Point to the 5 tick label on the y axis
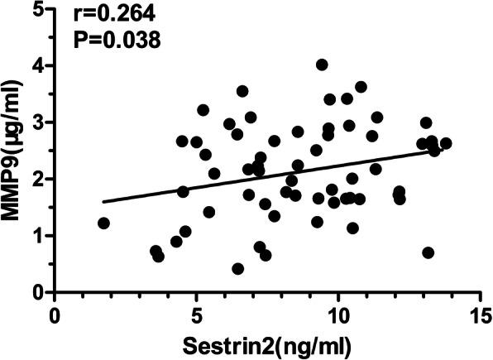[x=39, y=10]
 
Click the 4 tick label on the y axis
[x=39, y=66]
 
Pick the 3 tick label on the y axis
[x=39, y=122]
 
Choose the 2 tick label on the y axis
[x=39, y=180]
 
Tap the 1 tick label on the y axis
[x=39, y=236]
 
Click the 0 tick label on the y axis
[x=39, y=292]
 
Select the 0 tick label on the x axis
[x=55, y=316]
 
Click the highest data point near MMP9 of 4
[x=322, y=65]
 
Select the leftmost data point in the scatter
[x=103, y=223]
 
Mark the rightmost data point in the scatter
[x=446, y=143]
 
